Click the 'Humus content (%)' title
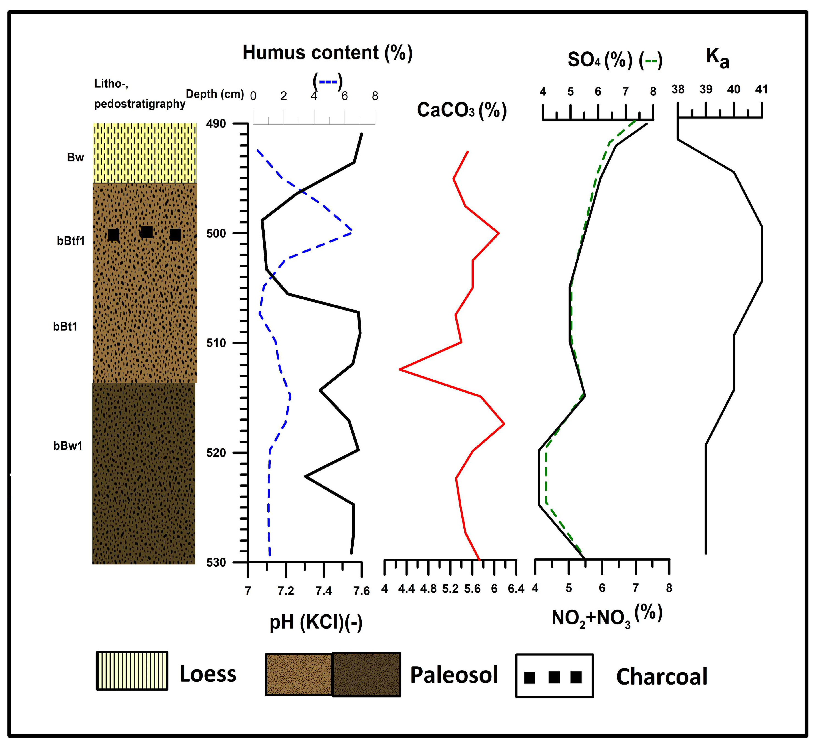point(328,53)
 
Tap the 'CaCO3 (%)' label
point(462,110)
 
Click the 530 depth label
point(216,563)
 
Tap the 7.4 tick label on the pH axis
point(323,591)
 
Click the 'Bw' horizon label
point(75,157)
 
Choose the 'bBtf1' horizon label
point(71,241)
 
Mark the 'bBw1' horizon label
point(68,446)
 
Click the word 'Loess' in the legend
point(208,674)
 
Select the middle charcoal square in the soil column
point(147,232)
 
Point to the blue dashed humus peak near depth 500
point(351,230)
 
